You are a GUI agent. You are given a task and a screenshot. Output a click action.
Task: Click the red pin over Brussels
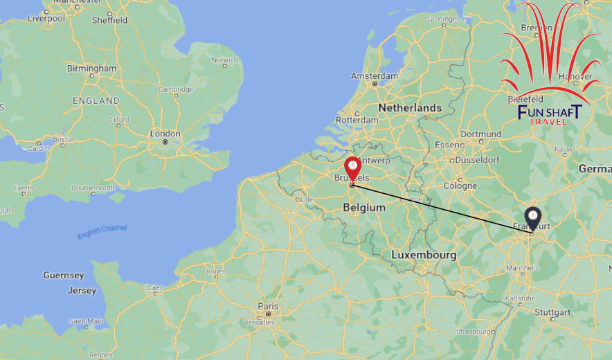tap(353, 168)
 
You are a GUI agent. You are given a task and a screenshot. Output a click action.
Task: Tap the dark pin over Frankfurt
tap(532, 217)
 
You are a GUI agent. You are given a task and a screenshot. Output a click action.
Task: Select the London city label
tap(165, 133)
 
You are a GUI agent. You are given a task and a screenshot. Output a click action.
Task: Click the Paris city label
tap(268, 306)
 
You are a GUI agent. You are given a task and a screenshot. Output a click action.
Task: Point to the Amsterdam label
tap(375, 75)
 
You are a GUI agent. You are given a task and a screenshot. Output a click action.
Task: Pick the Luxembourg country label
tap(424, 255)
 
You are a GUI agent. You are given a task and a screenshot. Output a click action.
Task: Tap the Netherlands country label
tap(410, 108)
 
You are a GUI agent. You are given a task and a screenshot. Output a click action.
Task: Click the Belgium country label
tap(364, 207)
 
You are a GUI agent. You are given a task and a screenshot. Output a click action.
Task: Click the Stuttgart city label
tap(552, 312)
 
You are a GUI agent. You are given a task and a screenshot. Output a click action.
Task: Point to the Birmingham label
tap(91, 69)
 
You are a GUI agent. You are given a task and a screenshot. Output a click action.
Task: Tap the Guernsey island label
tap(63, 276)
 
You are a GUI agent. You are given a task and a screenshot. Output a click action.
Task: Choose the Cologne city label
tap(460, 186)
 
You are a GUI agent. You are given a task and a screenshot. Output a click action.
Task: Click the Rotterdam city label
tap(357, 120)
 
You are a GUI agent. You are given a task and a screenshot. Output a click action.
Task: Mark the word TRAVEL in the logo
tap(548, 122)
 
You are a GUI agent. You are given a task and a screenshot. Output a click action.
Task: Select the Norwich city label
tap(225, 60)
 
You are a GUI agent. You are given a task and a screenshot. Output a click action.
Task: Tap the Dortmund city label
tap(480, 134)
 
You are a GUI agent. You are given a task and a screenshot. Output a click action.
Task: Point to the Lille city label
tap(306, 199)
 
